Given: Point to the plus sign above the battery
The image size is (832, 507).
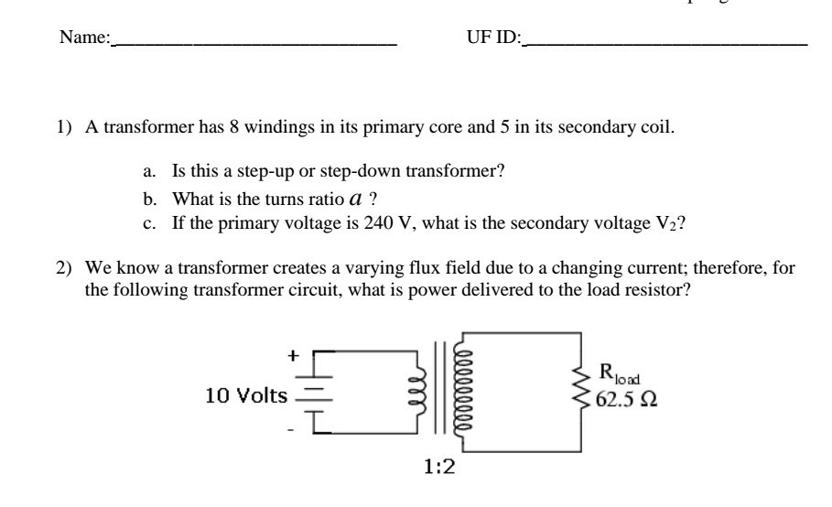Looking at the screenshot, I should [x=294, y=358].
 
